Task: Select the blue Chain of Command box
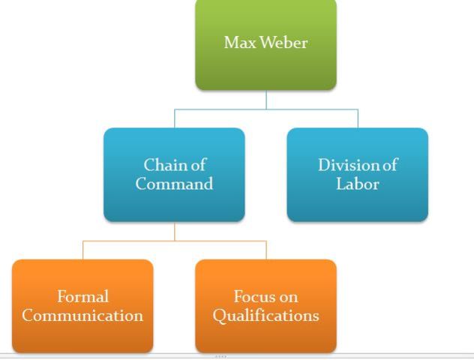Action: [x=174, y=202]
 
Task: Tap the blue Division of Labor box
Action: [x=357, y=202]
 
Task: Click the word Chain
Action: [x=163, y=165]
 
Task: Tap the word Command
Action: [x=174, y=184]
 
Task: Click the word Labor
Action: [x=357, y=184]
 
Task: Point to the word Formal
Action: [x=82, y=297]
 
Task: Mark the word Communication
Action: [x=82, y=316]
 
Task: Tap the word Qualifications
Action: [x=265, y=316]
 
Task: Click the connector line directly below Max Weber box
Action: [x=266, y=100]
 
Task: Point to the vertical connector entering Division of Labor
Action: [x=358, y=118]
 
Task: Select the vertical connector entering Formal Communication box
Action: [x=82, y=250]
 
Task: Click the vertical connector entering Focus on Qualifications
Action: [x=266, y=250]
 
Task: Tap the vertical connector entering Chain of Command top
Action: [x=175, y=118]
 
